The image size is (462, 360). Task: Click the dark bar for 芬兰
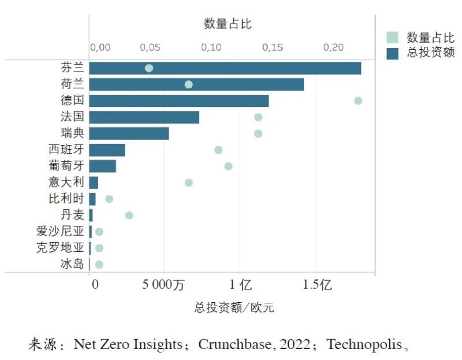(x=225, y=68)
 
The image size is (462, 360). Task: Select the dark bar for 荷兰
(x=196, y=84)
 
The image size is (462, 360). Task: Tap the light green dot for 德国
(x=358, y=101)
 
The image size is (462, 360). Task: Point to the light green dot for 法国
(x=258, y=117)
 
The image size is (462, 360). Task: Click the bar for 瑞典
(x=129, y=133)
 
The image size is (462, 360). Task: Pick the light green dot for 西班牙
(x=218, y=150)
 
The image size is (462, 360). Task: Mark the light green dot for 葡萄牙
(x=228, y=166)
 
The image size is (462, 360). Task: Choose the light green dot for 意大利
(x=188, y=183)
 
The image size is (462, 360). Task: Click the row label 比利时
(x=66, y=199)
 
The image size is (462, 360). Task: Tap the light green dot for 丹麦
(x=129, y=216)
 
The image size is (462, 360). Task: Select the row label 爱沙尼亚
(x=60, y=232)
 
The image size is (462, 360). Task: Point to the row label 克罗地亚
(x=60, y=248)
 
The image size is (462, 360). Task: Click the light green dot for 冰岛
(x=99, y=264)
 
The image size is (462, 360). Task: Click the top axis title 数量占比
(x=228, y=24)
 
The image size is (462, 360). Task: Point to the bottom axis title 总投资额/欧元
(x=234, y=307)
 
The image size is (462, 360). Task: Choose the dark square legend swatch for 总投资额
(x=393, y=53)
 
